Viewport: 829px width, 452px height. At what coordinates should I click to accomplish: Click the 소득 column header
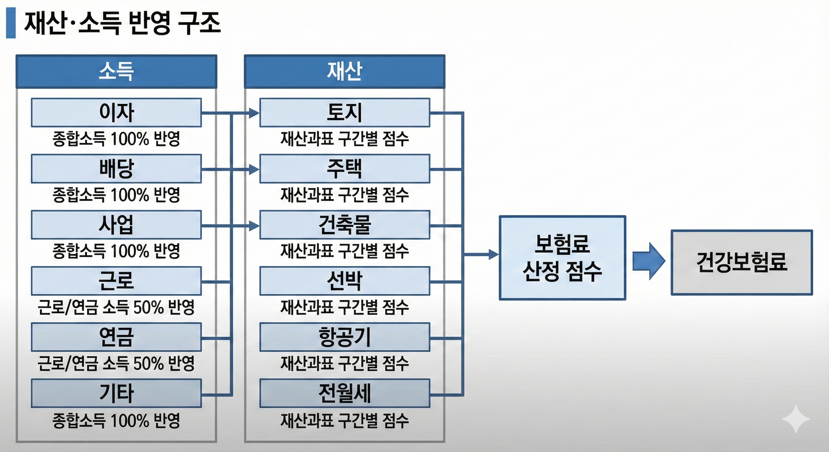(116, 72)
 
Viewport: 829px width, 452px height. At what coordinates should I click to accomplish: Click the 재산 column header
(344, 72)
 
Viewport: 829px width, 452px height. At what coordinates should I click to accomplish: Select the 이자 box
(116, 113)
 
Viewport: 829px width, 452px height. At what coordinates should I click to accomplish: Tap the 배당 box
(116, 169)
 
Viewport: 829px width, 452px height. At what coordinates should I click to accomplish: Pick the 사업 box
(116, 225)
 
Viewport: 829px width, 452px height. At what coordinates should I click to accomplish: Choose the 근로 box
(116, 281)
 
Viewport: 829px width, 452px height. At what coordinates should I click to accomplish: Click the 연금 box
(116, 337)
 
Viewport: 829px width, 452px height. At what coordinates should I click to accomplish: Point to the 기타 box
(116, 393)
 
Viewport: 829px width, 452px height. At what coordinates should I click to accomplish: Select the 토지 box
(344, 113)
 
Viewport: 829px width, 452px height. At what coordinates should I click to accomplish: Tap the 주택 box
(344, 169)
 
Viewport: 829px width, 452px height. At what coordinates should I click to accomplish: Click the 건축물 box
(344, 225)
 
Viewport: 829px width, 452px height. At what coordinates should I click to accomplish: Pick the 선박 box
(344, 281)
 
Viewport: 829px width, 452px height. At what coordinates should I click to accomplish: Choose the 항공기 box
(344, 337)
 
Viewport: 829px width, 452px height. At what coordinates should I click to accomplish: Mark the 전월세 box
(344, 393)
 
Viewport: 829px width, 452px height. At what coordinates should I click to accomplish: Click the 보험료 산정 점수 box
(562, 258)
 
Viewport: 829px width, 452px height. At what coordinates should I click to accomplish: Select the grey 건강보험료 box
(742, 262)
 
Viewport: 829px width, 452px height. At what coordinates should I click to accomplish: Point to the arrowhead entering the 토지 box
(254, 113)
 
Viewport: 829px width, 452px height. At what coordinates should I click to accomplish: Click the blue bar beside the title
(11, 23)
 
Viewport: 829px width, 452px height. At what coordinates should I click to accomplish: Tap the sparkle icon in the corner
(795, 419)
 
